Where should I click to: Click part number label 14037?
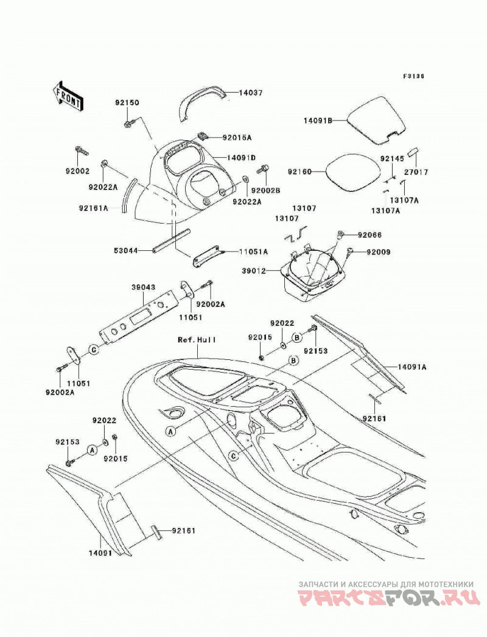[x=251, y=93]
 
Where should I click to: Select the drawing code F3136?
[x=413, y=76]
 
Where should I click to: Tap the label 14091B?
[x=318, y=120]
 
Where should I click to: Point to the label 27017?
[x=416, y=172]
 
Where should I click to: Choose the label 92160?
[x=300, y=172]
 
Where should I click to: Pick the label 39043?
[x=144, y=287]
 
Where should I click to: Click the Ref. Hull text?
[x=197, y=340]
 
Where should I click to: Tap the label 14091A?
[x=412, y=367]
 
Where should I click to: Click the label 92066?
[x=370, y=235]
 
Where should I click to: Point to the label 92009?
[x=379, y=252]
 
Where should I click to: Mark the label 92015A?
[x=237, y=138]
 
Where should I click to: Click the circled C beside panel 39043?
[x=93, y=350]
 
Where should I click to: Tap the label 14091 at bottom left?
[x=100, y=553]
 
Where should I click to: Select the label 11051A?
[x=253, y=252]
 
